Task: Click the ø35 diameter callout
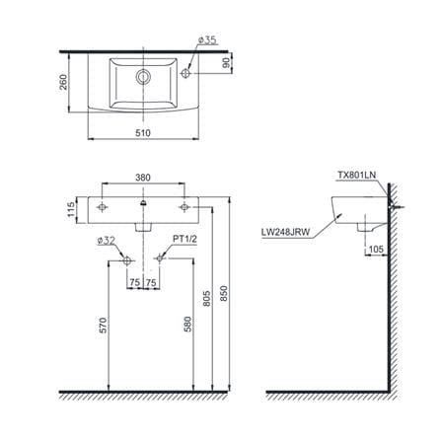tap(207, 40)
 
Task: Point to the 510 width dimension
tap(143, 133)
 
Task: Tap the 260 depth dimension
tap(63, 82)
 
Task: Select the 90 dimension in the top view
tap(226, 63)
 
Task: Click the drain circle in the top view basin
tap(143, 77)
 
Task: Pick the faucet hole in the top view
tap(185, 73)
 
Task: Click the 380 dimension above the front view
tap(143, 178)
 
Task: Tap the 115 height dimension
tap(71, 210)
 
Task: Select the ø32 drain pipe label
tap(106, 241)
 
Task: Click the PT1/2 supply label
tap(184, 239)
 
